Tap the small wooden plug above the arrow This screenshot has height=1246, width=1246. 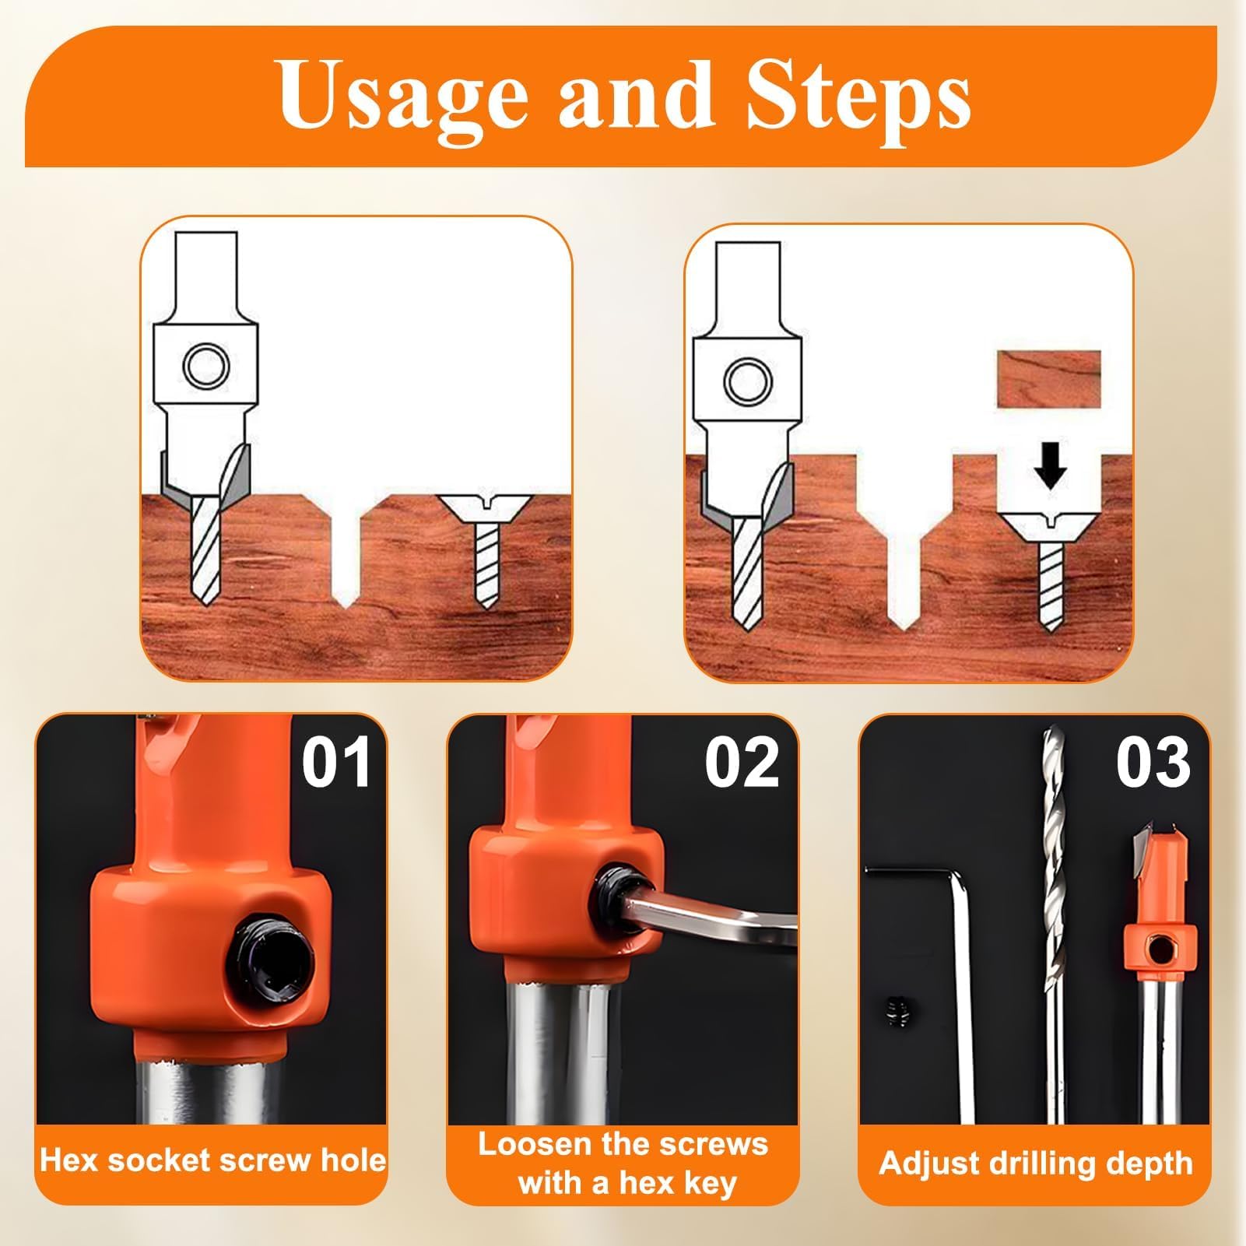click(1049, 379)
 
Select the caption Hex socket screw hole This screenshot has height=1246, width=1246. click(212, 1160)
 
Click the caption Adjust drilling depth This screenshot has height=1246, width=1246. click(1036, 1164)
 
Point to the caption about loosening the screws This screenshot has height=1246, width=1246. click(623, 1164)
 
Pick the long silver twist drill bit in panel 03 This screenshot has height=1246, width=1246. click(1054, 926)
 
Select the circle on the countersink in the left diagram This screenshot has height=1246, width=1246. click(205, 364)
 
